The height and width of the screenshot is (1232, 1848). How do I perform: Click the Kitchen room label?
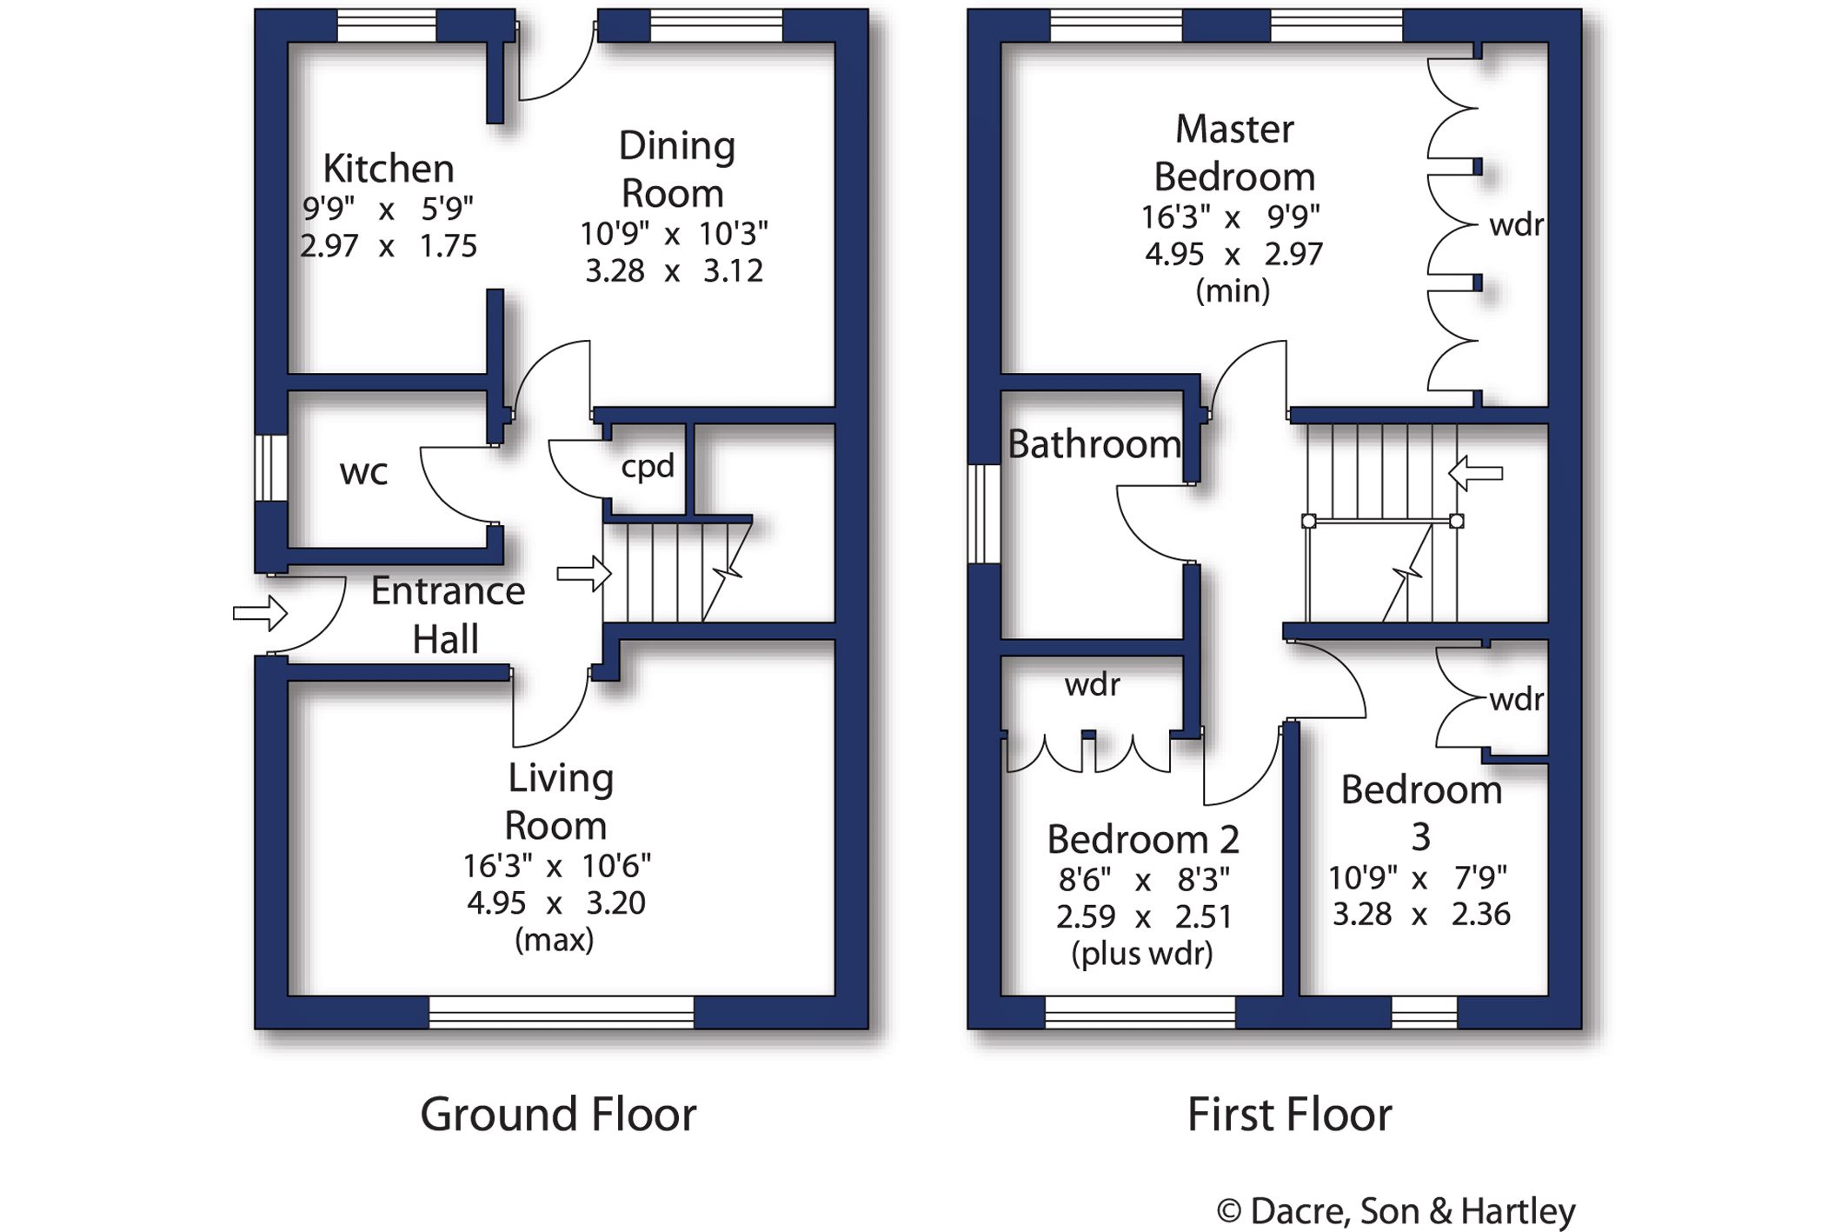388,169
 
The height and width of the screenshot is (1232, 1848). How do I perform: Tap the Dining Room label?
675,170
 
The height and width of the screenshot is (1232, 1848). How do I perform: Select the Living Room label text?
559,802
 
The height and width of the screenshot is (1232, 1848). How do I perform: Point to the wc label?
363,472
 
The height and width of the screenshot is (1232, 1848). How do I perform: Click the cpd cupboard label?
648,467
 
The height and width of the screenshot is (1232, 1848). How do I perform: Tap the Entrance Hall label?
447,615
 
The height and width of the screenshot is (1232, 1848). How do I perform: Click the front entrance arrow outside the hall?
260,614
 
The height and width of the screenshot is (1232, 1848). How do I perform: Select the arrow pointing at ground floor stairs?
583,574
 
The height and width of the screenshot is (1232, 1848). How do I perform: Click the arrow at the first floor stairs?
1475,474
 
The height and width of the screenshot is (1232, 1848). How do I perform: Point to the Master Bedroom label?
1234,153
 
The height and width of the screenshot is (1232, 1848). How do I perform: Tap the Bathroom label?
1094,444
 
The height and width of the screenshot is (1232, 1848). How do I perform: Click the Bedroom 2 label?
1143,840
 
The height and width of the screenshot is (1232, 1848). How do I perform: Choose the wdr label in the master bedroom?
1516,225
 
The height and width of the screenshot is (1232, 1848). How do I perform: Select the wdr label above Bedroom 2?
1093,685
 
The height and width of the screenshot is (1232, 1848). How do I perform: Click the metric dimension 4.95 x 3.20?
556,903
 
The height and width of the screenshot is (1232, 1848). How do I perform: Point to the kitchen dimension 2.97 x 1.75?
389,246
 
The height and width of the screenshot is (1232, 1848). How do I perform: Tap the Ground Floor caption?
558,1115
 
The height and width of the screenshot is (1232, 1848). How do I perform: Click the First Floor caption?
1289,1115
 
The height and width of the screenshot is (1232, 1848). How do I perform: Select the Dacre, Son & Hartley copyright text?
1396,1210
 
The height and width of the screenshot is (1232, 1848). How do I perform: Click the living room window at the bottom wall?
562,1013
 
